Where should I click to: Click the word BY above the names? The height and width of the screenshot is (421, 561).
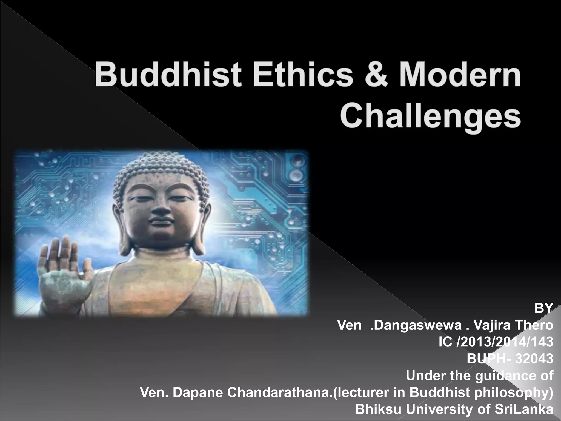pyautogui.click(x=544, y=309)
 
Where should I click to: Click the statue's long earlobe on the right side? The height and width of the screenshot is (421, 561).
pyautogui.click(x=199, y=236)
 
